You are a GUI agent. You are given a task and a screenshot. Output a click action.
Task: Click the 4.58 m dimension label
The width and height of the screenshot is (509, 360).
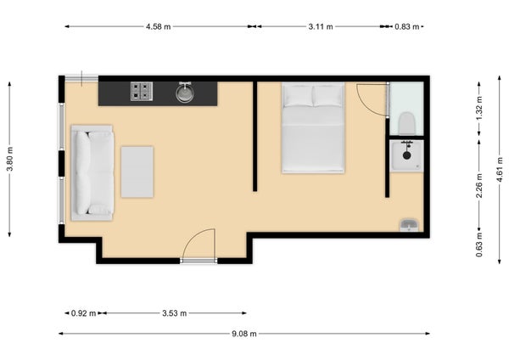pyautogui.click(x=158, y=26)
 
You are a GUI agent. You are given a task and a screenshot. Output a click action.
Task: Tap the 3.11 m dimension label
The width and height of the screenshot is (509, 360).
pyautogui.click(x=321, y=26)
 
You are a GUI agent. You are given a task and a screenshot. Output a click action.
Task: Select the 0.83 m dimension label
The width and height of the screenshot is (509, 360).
pyautogui.click(x=406, y=26)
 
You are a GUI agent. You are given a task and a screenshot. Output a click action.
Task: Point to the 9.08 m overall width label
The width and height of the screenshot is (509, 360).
pyautogui.click(x=244, y=334)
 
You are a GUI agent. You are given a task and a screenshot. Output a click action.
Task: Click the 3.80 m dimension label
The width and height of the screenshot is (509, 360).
pyautogui.click(x=10, y=159)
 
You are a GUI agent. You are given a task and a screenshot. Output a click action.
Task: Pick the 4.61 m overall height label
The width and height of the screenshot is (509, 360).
pyautogui.click(x=501, y=169)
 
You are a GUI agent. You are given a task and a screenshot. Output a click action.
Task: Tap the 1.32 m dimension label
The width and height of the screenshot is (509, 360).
pyautogui.click(x=479, y=108)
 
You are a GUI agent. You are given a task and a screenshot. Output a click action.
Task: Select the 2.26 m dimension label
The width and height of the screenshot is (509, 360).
pyautogui.click(x=479, y=186)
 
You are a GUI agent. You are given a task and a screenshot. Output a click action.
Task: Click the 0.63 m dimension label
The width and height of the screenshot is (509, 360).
pyautogui.click(x=479, y=245)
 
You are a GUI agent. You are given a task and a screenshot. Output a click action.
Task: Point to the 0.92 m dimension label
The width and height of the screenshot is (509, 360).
pyautogui.click(x=83, y=313)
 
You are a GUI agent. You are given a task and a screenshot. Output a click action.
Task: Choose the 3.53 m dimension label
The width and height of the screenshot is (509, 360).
pyautogui.click(x=174, y=313)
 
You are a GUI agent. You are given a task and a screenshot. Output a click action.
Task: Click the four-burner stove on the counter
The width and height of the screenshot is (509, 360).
pyautogui.click(x=142, y=92)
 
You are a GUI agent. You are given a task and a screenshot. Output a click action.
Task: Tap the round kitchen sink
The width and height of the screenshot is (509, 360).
pyautogui.click(x=184, y=93)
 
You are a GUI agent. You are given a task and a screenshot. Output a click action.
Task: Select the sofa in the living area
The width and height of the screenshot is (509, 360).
pyautogui.click(x=92, y=173)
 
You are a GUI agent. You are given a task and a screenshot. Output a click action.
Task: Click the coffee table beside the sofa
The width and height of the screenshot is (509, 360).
pyautogui.click(x=137, y=172)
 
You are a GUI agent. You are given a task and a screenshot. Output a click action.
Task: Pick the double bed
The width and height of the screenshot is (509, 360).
pyautogui.click(x=313, y=127)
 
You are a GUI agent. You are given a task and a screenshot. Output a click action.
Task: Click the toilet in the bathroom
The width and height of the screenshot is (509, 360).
pyautogui.click(x=407, y=123)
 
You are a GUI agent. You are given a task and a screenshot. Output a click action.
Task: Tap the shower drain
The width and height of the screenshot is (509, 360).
pyautogui.click(x=406, y=155)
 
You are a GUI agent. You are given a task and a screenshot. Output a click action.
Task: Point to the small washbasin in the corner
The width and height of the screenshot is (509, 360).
pyautogui.click(x=409, y=225)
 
